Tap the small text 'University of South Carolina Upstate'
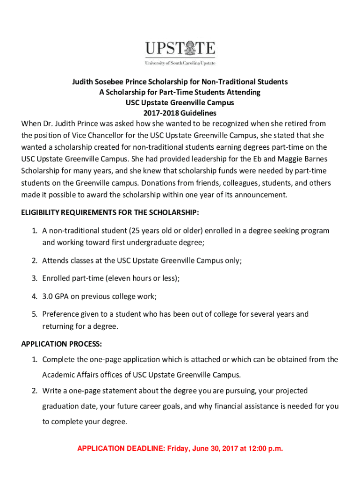click(180, 63)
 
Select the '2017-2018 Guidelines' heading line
click(180, 113)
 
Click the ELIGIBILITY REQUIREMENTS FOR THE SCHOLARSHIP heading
click(110, 213)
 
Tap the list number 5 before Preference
click(35, 314)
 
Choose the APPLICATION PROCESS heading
click(61, 344)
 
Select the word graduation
click(62, 406)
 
